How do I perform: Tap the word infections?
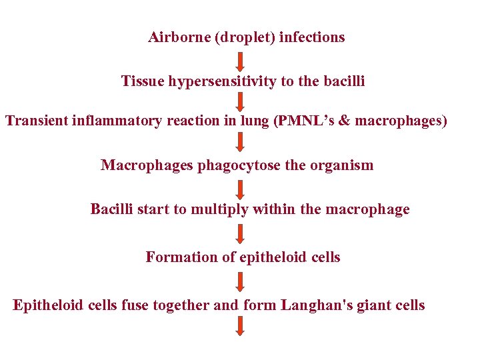point(312,37)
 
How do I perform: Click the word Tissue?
point(143,81)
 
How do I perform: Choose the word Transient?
point(37,121)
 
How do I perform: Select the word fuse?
point(135,305)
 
